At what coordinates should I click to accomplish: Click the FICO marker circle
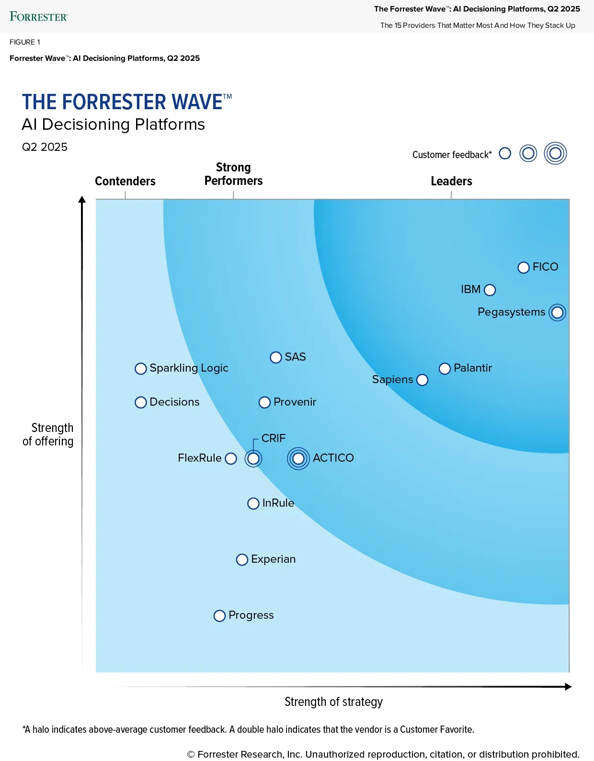coord(524,267)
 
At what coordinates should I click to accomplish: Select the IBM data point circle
coord(490,290)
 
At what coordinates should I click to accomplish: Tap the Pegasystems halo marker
coord(557,313)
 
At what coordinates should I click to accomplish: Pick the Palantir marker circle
coord(445,368)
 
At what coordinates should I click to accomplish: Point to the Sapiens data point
coord(422,380)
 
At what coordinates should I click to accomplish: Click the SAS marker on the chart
coord(276,357)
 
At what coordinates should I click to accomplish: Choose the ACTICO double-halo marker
coord(298,458)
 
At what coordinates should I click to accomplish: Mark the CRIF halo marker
coord(253,458)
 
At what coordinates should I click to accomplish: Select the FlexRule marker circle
coord(231,458)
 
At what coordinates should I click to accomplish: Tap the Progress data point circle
coord(219,615)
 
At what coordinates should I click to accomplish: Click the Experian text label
coord(273,559)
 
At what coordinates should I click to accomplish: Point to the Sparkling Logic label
coord(189,368)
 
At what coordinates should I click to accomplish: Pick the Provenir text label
coord(295,402)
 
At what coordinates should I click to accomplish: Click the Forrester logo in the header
coord(39,17)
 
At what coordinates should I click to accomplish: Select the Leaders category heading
coord(451,181)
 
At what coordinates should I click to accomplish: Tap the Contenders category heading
coord(125,181)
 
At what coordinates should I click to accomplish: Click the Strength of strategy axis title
coord(333,702)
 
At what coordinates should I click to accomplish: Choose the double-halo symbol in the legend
coord(555,154)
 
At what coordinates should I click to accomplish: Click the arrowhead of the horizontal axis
coord(568,687)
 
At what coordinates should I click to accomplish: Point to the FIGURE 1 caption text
coord(25,42)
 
